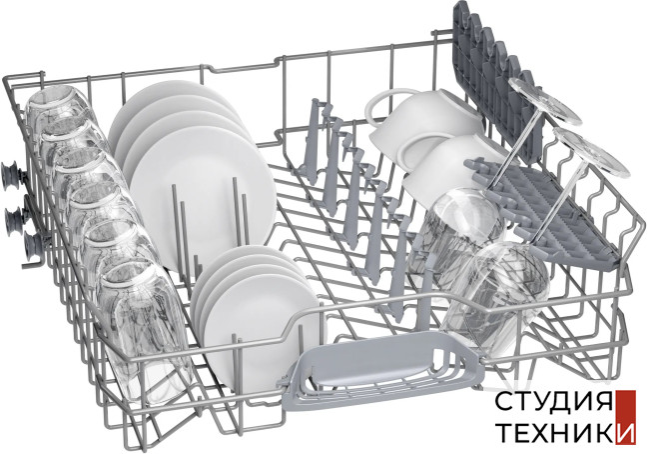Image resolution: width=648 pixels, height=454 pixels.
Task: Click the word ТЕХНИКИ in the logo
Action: click(565, 432)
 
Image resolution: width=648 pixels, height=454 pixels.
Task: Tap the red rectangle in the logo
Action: click(625, 417)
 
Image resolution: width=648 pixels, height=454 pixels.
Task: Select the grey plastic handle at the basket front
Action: click(382, 365)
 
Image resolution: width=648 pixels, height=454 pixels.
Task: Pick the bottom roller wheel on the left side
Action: click(31, 245)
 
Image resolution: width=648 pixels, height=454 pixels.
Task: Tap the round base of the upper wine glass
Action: click(545, 100)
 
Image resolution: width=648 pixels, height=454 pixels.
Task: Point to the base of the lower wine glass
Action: click(591, 152)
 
